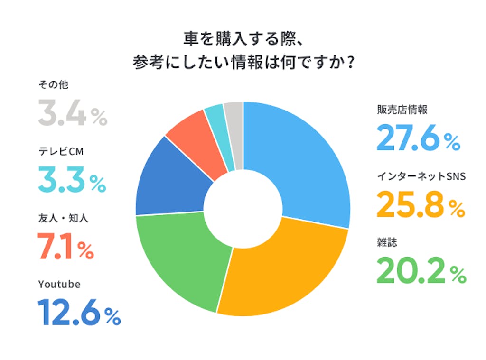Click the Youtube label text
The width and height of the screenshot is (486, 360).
(x=59, y=284)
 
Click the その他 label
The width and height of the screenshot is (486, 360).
(x=54, y=86)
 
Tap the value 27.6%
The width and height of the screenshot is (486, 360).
(x=418, y=138)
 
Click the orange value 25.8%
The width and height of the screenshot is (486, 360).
(x=420, y=204)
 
